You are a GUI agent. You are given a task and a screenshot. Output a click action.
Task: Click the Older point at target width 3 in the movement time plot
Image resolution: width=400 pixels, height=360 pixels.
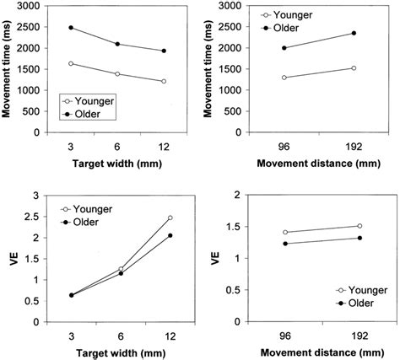[71, 28]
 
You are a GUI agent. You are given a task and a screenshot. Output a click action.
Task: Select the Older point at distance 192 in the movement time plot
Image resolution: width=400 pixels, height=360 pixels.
[354, 33]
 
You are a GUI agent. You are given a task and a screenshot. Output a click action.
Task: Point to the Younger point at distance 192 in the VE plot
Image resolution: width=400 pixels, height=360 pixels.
[359, 226]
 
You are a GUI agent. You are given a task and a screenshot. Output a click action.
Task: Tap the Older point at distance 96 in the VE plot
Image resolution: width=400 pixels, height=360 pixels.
[286, 244]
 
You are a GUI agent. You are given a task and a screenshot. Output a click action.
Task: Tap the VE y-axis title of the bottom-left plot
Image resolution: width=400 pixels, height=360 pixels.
[11, 259]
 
